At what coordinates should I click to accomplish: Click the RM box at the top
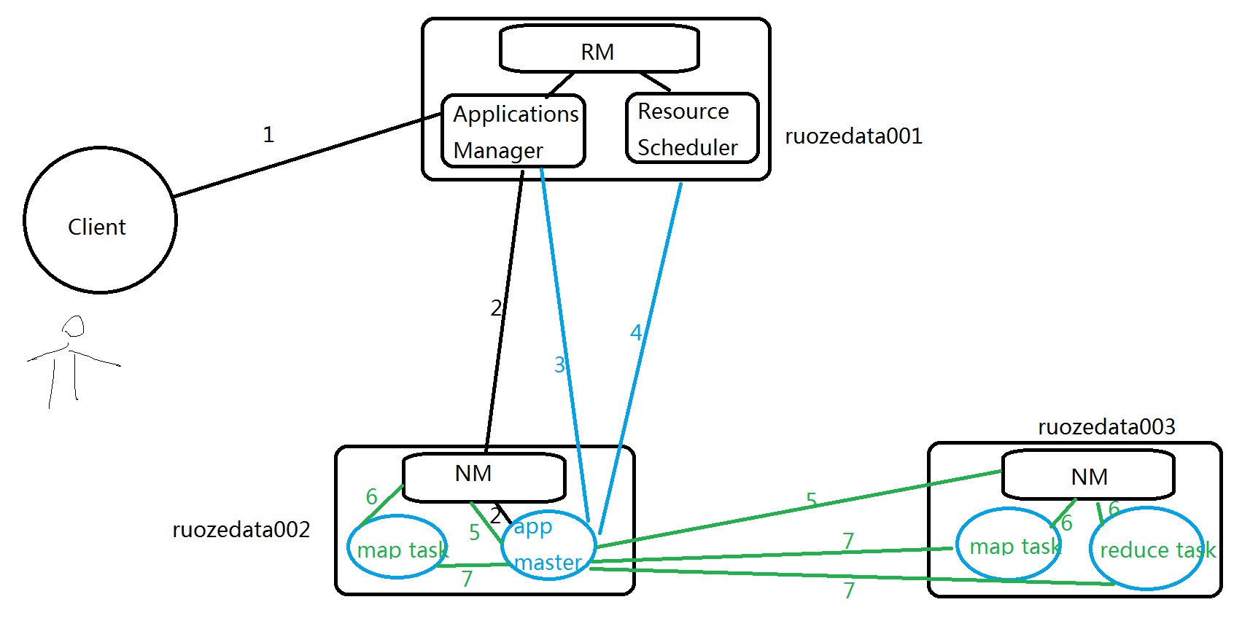point(599,50)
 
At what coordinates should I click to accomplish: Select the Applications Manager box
point(513,131)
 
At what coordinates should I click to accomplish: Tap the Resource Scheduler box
point(692,128)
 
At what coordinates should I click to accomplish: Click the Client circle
point(100,220)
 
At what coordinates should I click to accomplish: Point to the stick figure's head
point(74,326)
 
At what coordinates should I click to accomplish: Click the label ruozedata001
point(853,136)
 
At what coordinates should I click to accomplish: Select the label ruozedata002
point(241,530)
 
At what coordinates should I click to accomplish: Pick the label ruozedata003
point(1106,427)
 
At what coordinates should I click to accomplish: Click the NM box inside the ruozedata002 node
point(484,477)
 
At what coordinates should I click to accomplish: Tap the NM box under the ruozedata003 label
point(1088,475)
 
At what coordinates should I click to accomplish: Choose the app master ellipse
point(548,545)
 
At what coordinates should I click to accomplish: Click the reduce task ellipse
point(1146,549)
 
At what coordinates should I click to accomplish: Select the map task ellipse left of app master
point(398,547)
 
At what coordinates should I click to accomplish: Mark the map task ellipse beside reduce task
point(1010,544)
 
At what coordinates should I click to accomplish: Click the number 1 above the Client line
point(268,135)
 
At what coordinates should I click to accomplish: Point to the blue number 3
point(559,364)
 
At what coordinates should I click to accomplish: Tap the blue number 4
point(636,333)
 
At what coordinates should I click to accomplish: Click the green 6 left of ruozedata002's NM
point(371,497)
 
